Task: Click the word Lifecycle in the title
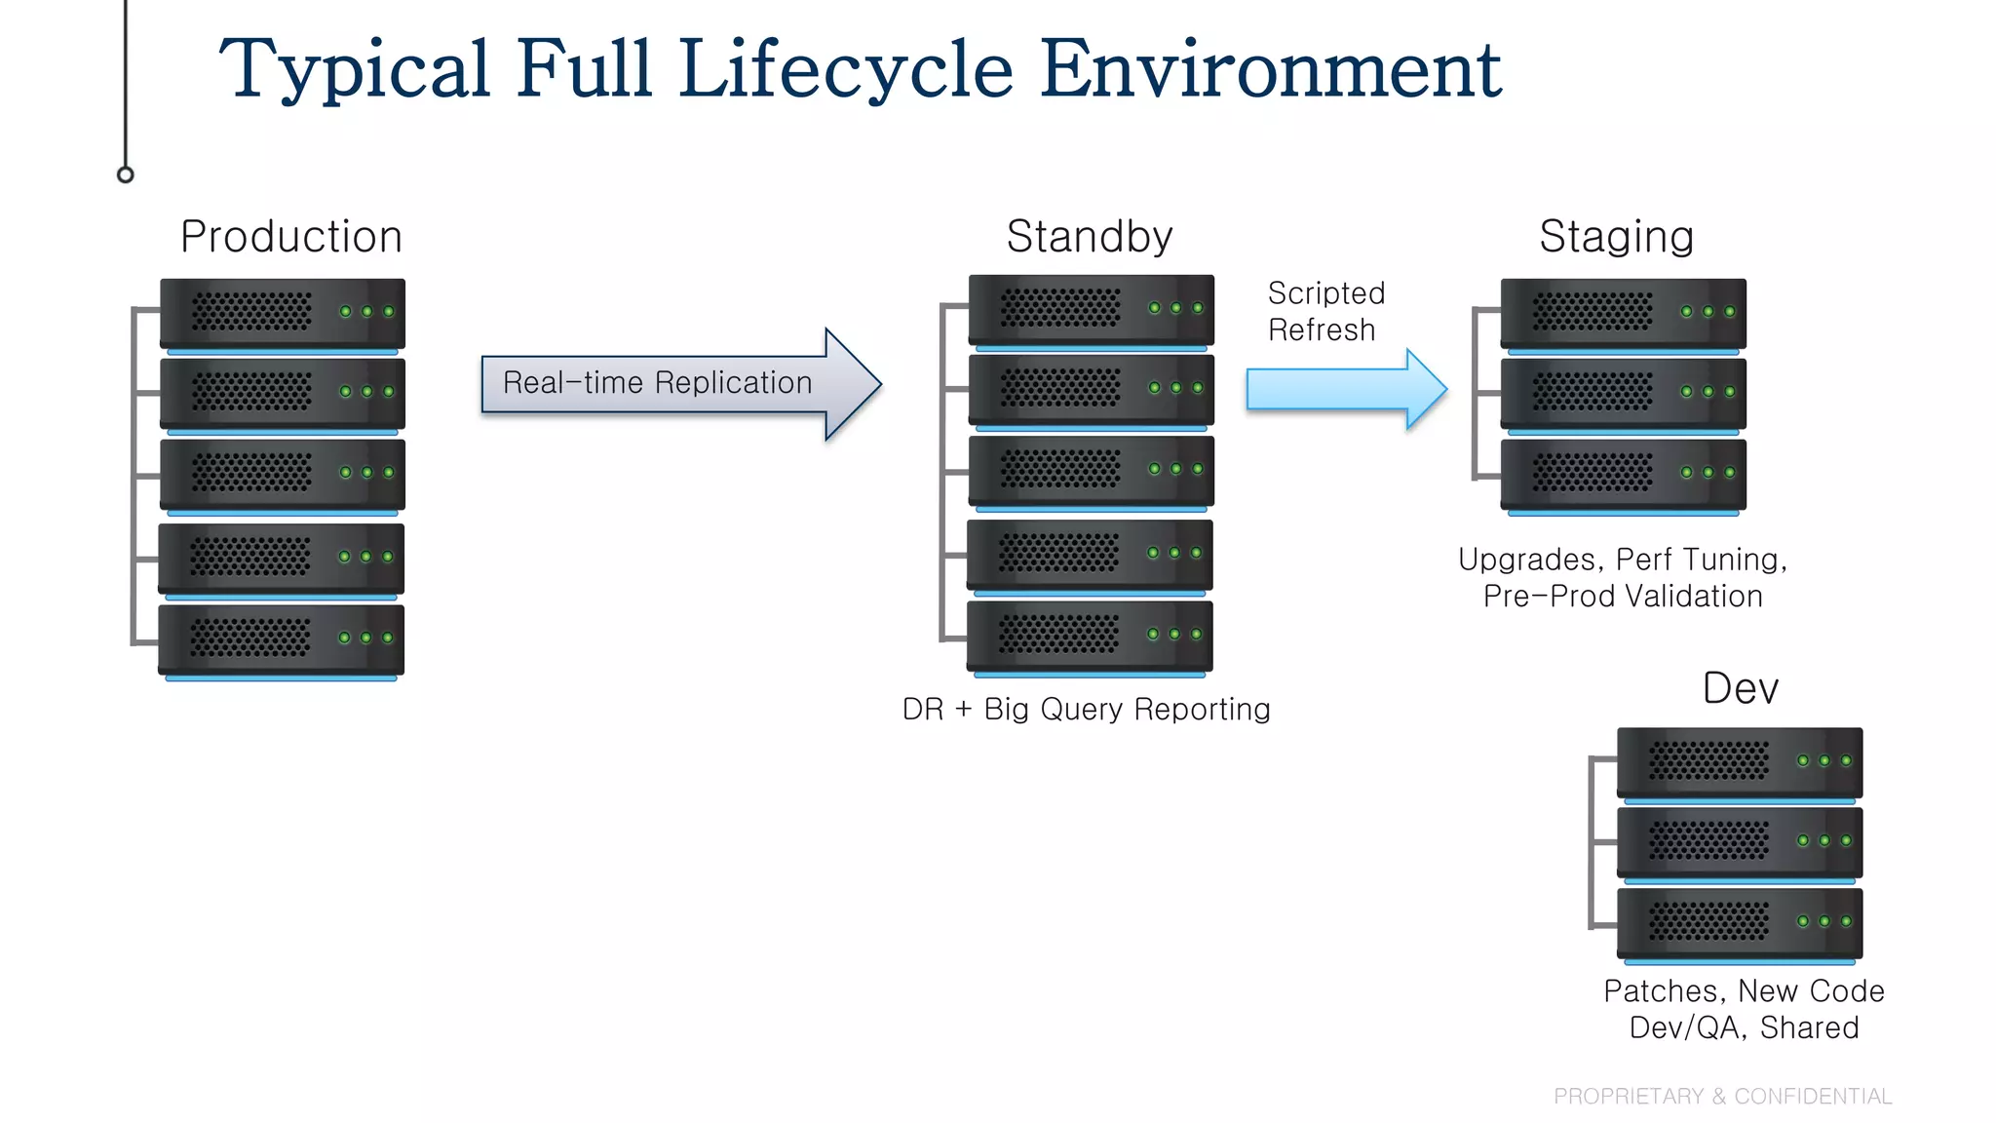(845, 70)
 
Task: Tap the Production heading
(291, 237)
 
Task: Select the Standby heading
(1089, 237)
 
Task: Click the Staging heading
(1616, 237)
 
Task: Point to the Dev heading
(1740, 688)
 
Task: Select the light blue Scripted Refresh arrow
(1345, 390)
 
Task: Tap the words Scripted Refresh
(1324, 312)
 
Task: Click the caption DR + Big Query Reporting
(1086, 710)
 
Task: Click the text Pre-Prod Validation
(1623, 597)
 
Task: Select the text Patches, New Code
(1744, 991)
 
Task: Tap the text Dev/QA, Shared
(1744, 1028)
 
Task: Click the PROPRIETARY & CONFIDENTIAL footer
(1722, 1097)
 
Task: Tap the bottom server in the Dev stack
(1739, 922)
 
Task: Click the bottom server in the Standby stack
(1090, 636)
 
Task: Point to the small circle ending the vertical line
(126, 174)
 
